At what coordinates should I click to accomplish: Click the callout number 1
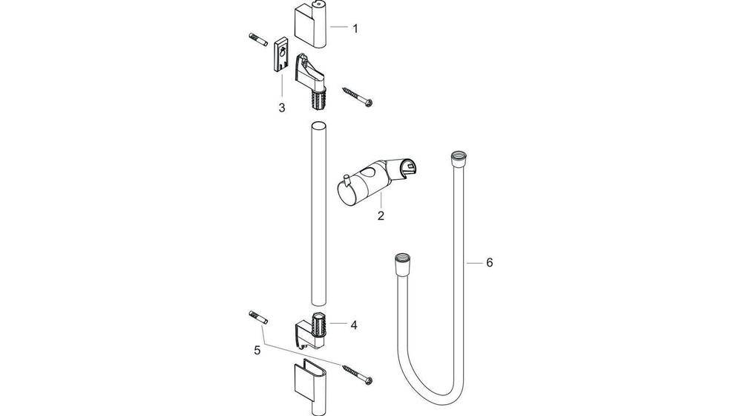pyautogui.click(x=355, y=29)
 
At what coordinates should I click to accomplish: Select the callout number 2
pyautogui.click(x=381, y=216)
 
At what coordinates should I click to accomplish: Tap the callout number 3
pyautogui.click(x=281, y=108)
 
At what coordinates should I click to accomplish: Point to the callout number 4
pyautogui.click(x=354, y=325)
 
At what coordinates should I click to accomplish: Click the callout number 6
pyautogui.click(x=489, y=262)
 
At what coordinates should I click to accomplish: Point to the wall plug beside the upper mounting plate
pyautogui.click(x=255, y=39)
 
